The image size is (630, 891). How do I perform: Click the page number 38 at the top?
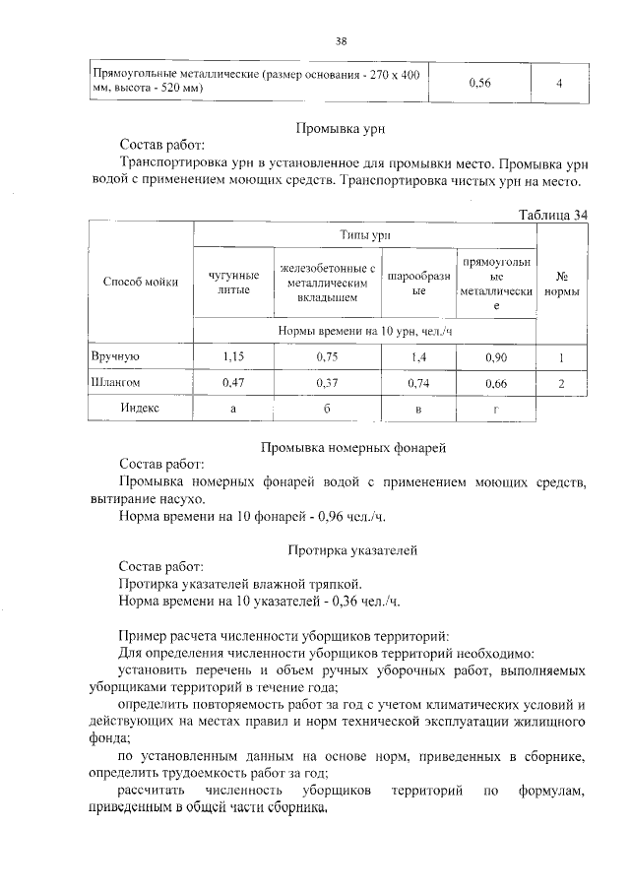point(341,40)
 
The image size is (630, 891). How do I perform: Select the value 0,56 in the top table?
point(479,83)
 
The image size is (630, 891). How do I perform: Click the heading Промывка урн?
point(340,128)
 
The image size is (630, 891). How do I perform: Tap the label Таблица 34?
point(552,215)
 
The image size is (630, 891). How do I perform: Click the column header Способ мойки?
point(141,282)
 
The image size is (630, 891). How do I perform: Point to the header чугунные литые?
point(233,282)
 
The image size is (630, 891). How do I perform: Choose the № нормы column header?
point(561,284)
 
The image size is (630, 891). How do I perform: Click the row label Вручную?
point(117,356)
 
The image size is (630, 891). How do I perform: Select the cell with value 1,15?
point(233,356)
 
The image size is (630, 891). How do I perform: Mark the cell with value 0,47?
point(233,383)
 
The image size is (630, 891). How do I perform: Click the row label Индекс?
point(141,408)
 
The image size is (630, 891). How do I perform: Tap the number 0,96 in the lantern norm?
point(338,514)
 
